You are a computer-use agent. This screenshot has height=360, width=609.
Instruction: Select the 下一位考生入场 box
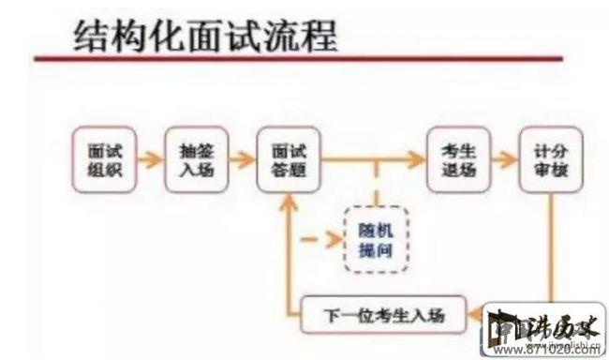[384, 315]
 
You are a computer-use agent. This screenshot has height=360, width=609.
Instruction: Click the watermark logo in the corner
[544, 329]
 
